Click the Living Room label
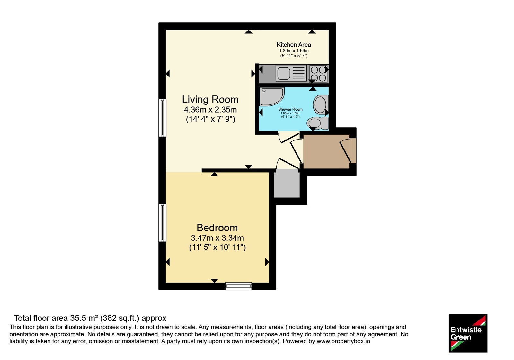coord(210,99)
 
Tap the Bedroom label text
coord(217,228)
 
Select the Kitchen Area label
coord(294,45)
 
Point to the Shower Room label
coord(290,109)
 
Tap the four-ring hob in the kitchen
coord(318,74)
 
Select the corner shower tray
coord(272,97)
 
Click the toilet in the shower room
coord(318,123)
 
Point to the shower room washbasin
coord(321,105)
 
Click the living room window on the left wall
coord(162,118)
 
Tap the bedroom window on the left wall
coord(162,223)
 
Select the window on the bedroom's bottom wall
coord(238,286)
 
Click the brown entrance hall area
coord(326,151)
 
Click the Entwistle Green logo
coord(468,333)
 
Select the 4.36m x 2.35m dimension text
coord(210,110)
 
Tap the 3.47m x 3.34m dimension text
coord(217,238)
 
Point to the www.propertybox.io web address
coord(343,341)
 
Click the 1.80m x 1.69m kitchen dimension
coord(294,51)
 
